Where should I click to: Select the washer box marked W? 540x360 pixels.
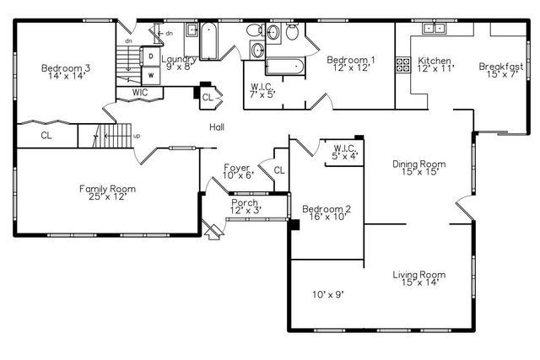click(x=150, y=73)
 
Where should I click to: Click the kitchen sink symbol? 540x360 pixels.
click(x=436, y=29)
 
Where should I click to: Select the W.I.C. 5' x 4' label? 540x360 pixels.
click(x=343, y=152)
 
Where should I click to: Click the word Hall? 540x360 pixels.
click(x=217, y=127)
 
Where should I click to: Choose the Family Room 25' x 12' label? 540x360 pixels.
click(x=107, y=193)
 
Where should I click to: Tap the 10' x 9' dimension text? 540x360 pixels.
click(x=327, y=294)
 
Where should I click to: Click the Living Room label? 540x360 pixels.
click(x=418, y=278)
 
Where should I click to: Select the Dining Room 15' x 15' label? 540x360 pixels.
click(x=418, y=169)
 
